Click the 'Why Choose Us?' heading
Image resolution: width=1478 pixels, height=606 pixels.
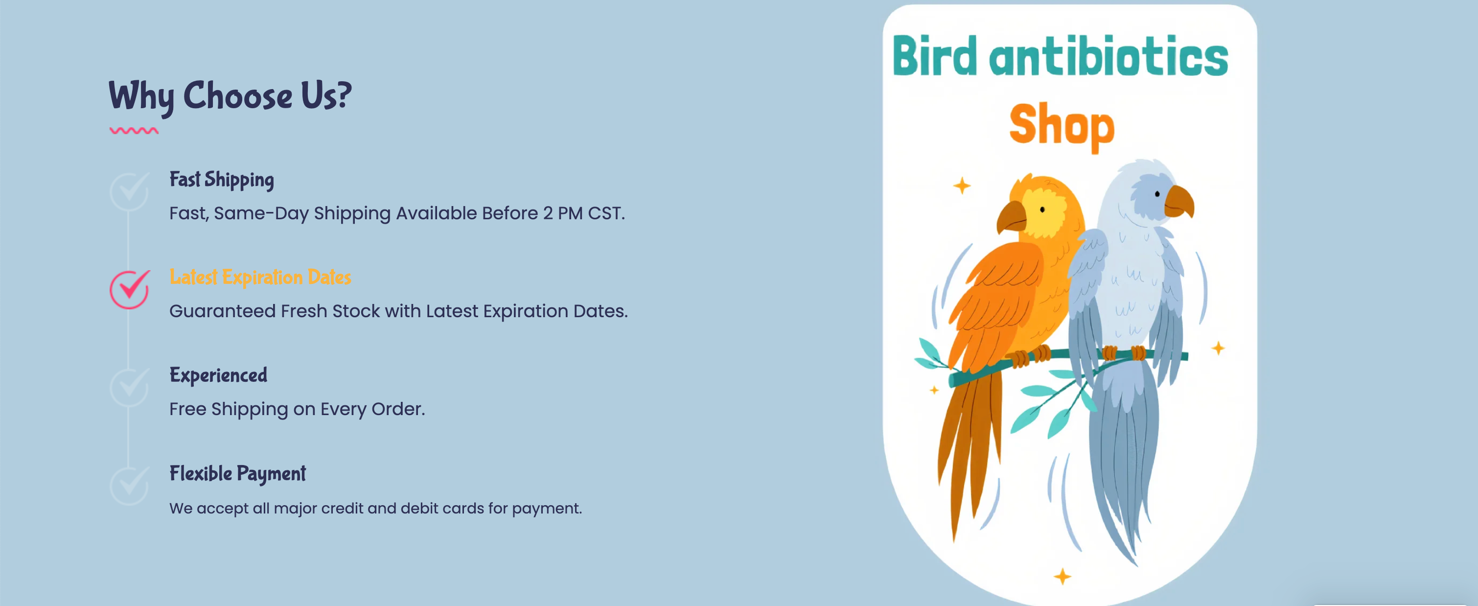coord(230,96)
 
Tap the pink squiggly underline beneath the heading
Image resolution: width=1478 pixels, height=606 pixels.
coord(134,131)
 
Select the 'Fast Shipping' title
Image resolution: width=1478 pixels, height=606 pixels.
coord(222,180)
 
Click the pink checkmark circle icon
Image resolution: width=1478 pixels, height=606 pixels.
coord(130,290)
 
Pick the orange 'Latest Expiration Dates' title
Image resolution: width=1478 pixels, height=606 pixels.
coord(260,277)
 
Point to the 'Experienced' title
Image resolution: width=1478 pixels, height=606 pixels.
coord(218,375)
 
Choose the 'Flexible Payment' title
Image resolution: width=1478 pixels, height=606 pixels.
coord(237,474)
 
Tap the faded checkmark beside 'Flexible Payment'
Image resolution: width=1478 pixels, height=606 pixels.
coord(130,486)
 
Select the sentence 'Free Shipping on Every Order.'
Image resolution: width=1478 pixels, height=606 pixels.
coord(297,409)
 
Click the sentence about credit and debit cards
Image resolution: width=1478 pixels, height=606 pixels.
coord(376,509)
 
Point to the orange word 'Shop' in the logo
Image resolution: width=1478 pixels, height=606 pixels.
coord(1062,127)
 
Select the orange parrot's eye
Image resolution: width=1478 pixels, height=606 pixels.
coord(1042,210)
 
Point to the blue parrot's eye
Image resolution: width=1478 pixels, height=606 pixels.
coord(1157,194)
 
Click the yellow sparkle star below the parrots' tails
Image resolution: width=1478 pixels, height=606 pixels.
coord(1062,576)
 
